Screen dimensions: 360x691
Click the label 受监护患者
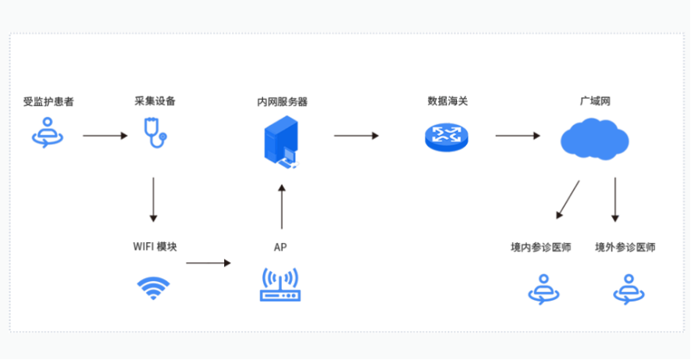coord(48,102)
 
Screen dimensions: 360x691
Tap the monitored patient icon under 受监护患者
coord(48,133)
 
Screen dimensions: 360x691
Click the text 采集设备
coord(155,102)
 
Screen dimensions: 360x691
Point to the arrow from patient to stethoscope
coord(105,136)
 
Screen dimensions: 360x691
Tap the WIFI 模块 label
coord(155,247)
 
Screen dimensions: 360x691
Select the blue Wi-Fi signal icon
coord(153,287)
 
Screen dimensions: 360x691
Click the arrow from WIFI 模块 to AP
coord(208,263)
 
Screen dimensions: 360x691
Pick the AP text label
coord(280,248)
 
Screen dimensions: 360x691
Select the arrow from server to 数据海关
coord(356,136)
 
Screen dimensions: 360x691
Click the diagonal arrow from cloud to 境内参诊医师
coord(568,199)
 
